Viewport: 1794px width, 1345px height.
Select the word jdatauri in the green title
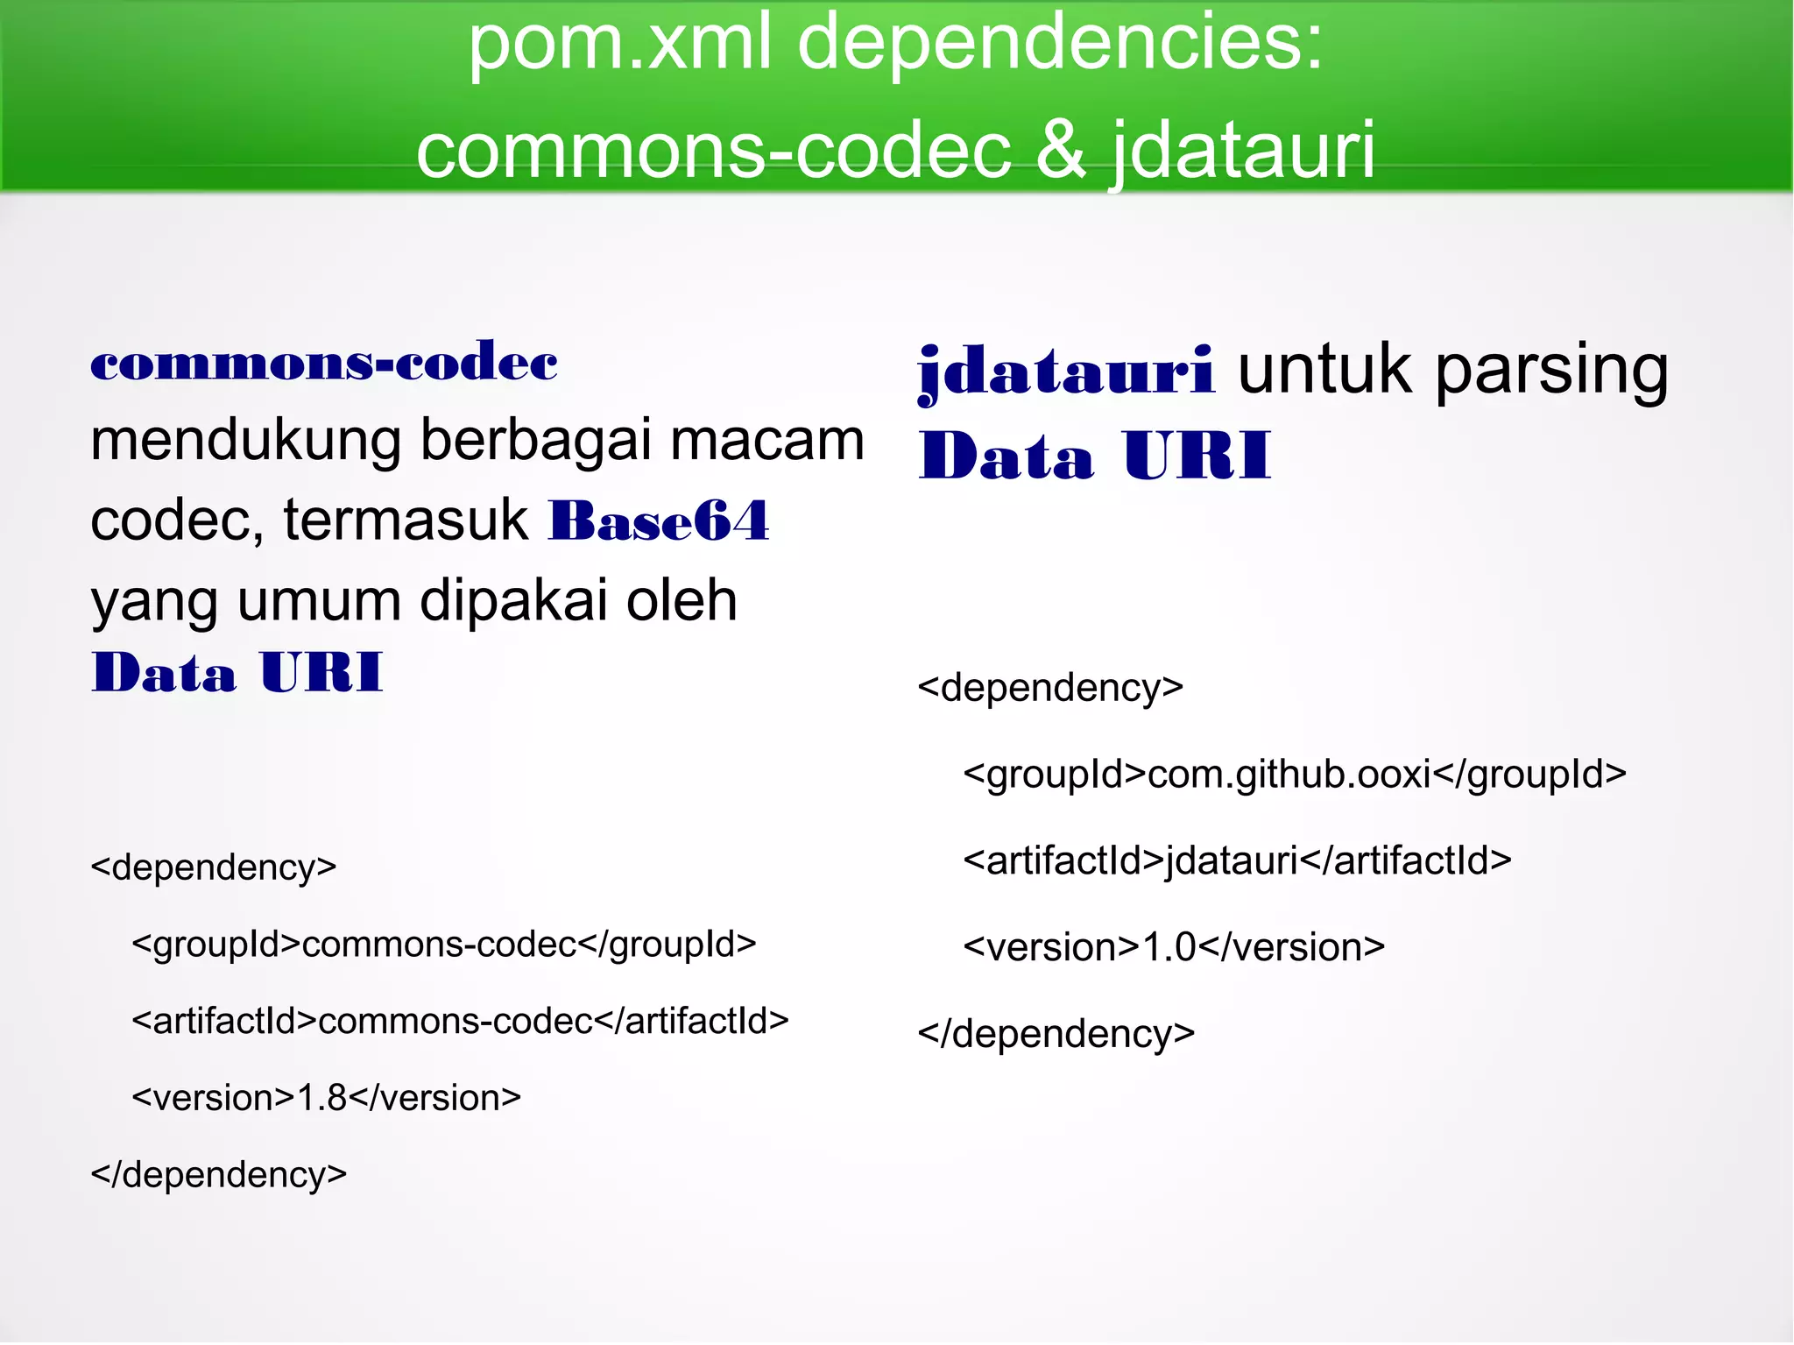pyautogui.click(x=1244, y=151)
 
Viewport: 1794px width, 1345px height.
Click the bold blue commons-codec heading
pyautogui.click(x=324, y=363)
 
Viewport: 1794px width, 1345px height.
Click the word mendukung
pyautogui.click(x=245, y=440)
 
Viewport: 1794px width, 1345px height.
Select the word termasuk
pyautogui.click(x=405, y=520)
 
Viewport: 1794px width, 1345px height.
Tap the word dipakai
pyautogui.click(x=514, y=601)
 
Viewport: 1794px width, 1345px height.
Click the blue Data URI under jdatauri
pyautogui.click(x=1094, y=457)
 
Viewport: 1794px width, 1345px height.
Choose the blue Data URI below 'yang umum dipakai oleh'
pyautogui.click(x=237, y=673)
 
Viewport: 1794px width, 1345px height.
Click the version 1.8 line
pyautogui.click(x=326, y=1098)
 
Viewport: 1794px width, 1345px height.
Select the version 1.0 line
pyautogui.click(x=1174, y=947)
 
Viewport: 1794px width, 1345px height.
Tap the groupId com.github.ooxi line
pyautogui.click(x=1294, y=775)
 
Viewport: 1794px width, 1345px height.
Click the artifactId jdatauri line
pyautogui.click(x=1237, y=861)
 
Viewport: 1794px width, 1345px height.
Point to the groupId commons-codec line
pyautogui.click(x=443, y=945)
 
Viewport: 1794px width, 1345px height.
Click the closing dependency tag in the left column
pyautogui.click(x=219, y=1175)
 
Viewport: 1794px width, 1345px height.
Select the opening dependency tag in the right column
pyautogui.click(x=1050, y=688)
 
